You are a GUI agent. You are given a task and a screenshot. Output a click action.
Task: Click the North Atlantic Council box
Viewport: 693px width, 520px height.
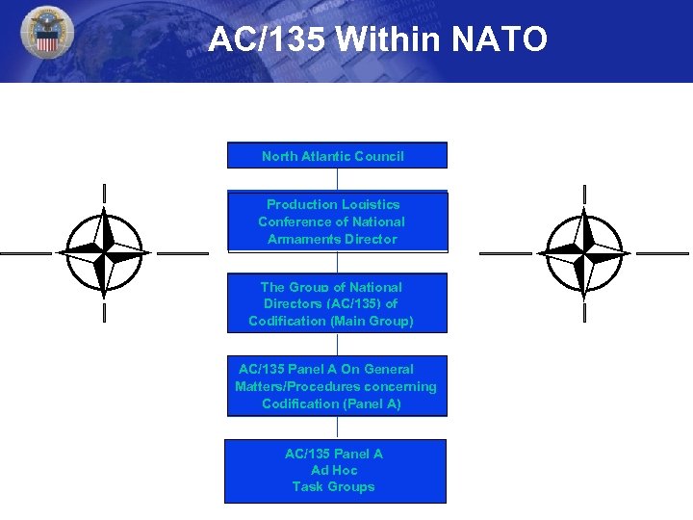click(337, 155)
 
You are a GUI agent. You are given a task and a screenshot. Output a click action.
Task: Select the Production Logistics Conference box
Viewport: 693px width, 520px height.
click(337, 221)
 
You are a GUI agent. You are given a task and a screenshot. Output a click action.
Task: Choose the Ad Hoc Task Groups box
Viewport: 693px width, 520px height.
click(335, 471)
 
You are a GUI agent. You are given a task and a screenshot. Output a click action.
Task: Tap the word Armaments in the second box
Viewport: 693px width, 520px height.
click(303, 239)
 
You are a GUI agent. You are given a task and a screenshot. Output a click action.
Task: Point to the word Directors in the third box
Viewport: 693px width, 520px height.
click(293, 303)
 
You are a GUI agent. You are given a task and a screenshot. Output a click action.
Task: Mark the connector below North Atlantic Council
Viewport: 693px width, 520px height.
click(337, 179)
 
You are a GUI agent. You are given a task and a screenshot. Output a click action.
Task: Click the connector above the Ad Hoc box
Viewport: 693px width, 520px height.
click(337, 428)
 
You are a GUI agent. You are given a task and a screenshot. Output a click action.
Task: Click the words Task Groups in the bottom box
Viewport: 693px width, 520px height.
click(333, 487)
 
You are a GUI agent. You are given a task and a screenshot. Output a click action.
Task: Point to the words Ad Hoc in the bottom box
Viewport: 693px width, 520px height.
click(334, 471)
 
